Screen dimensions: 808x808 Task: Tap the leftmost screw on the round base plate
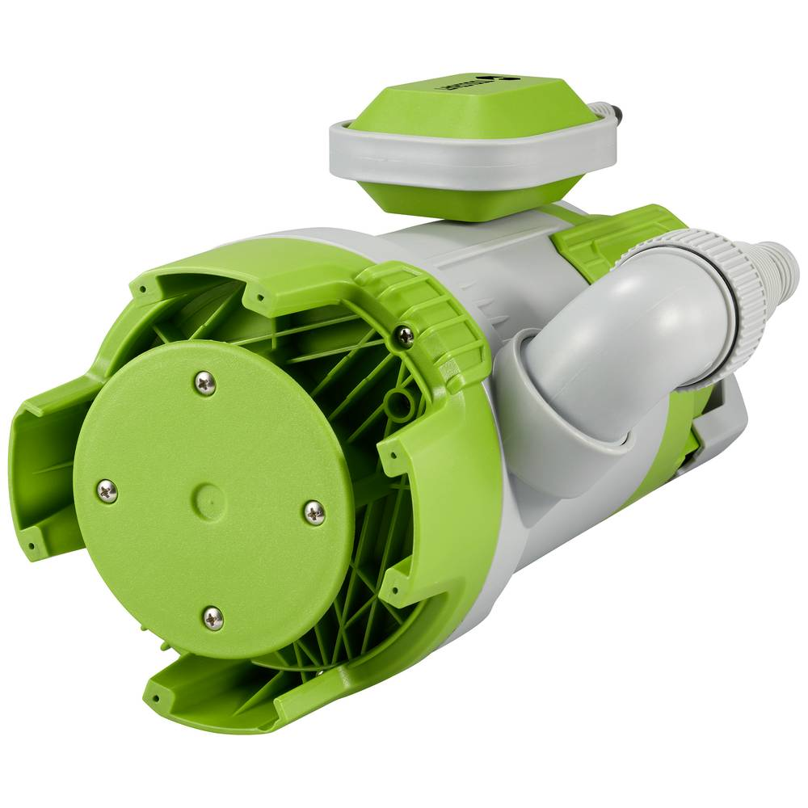pyautogui.click(x=107, y=490)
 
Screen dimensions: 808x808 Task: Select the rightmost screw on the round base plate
pyautogui.click(x=314, y=511)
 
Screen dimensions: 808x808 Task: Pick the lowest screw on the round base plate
pyautogui.click(x=213, y=618)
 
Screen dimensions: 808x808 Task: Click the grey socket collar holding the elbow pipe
pyautogui.click(x=558, y=420)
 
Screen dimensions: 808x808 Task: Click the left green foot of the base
pyautogui.click(x=40, y=469)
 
